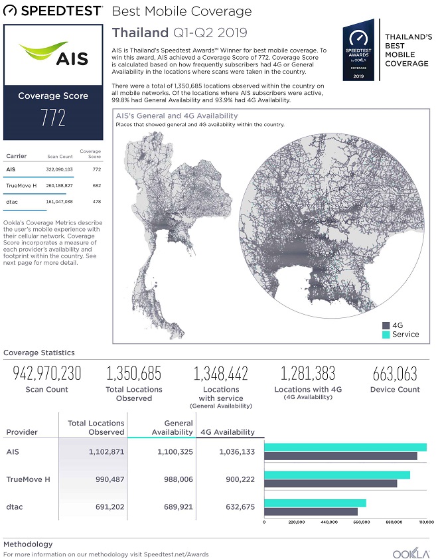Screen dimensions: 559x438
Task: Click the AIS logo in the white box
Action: click(53, 54)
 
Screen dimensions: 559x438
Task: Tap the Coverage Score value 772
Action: click(53, 118)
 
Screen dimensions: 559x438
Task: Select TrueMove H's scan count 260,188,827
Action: click(59, 187)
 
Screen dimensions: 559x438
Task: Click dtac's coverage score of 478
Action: click(96, 201)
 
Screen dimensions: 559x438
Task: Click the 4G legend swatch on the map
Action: click(384, 325)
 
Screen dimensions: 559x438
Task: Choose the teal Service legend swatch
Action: click(384, 334)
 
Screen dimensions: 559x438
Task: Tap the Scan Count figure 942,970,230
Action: click(46, 373)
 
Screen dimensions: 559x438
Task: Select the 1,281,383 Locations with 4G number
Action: click(307, 373)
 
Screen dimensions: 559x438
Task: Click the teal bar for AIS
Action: click(345, 447)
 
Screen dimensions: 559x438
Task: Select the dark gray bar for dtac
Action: click(311, 511)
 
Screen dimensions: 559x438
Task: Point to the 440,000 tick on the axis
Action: click(329, 522)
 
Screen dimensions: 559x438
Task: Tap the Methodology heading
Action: click(28, 544)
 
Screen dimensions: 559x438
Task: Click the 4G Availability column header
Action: click(228, 432)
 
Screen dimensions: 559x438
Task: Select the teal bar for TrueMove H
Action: click(337, 475)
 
